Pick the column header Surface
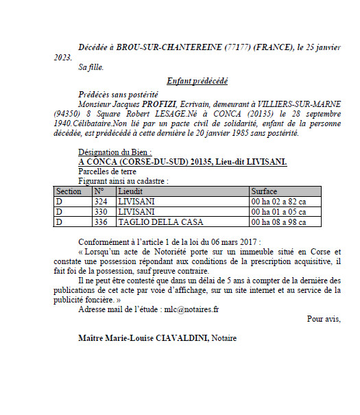click(x=264, y=191)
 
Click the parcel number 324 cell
click(x=101, y=202)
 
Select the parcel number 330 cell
click(x=101, y=212)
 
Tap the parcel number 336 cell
click(x=101, y=222)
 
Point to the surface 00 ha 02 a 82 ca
click(x=277, y=202)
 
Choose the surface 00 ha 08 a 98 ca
click(x=277, y=222)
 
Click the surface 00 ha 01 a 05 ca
click(x=277, y=212)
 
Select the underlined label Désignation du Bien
click(x=114, y=152)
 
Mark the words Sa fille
click(x=93, y=69)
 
